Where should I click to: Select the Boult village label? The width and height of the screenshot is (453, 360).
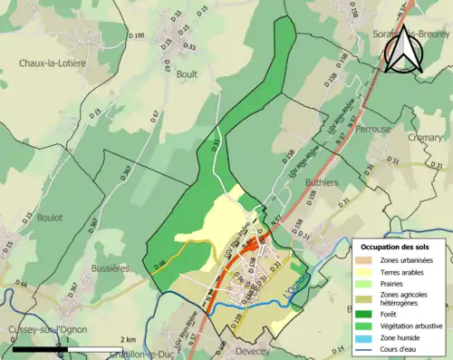188,74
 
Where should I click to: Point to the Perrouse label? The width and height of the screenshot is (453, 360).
373,130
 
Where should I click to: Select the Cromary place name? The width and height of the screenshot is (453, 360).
426,138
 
